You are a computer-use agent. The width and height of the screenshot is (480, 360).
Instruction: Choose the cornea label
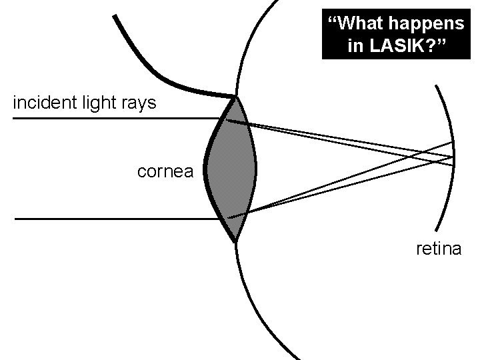pos(165,172)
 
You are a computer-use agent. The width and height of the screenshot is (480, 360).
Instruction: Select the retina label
pos(438,249)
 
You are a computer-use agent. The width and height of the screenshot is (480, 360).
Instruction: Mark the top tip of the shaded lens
pos(235,98)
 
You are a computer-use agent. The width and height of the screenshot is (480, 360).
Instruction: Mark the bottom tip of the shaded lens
pos(235,242)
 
